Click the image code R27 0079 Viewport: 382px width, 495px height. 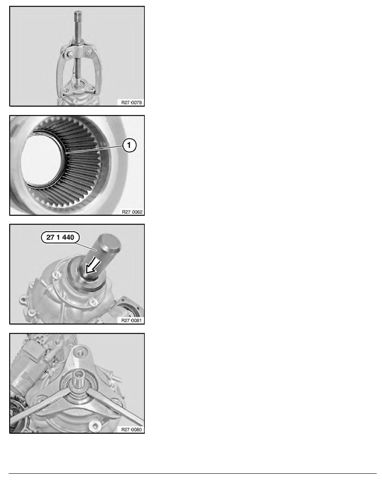pyautogui.click(x=131, y=102)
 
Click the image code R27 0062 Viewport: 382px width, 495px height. pyautogui.click(x=132, y=212)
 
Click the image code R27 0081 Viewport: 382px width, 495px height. pyautogui.click(x=131, y=320)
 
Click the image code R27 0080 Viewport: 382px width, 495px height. pyautogui.click(x=131, y=430)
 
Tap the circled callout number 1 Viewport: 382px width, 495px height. pyautogui.click(x=129, y=145)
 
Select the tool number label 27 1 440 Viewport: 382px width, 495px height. pyautogui.click(x=60, y=237)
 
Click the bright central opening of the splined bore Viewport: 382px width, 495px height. pyautogui.click(x=41, y=160)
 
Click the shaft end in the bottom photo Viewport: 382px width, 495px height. pyautogui.click(x=77, y=376)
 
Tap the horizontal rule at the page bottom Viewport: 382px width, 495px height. pyautogui.click(x=193, y=473)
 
